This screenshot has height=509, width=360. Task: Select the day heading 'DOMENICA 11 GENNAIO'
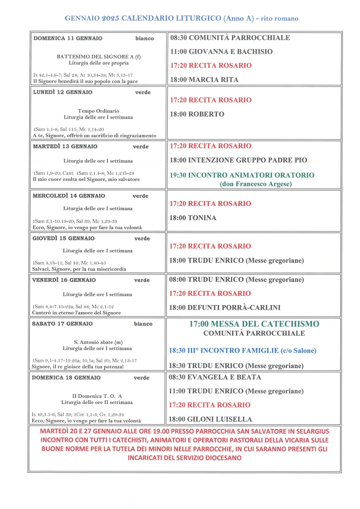pyautogui.click(x=68, y=38)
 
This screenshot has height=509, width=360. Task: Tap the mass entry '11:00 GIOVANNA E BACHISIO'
pyautogui.click(x=221, y=52)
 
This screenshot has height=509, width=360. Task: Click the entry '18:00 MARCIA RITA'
pyautogui.click(x=204, y=80)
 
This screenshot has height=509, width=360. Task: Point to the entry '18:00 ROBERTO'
pyautogui.click(x=197, y=114)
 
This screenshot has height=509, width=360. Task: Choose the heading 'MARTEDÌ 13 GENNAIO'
pyautogui.click(x=65, y=147)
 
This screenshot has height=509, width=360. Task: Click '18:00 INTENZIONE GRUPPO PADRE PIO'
pyautogui.click(x=238, y=160)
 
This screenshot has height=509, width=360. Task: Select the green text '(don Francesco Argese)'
pyautogui.click(x=256, y=184)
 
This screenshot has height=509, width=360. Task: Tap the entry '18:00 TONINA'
pyautogui.click(x=193, y=218)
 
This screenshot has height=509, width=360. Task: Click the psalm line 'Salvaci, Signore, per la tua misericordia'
pyautogui.click(x=79, y=269)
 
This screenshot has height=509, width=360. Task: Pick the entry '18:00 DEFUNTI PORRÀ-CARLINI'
pyautogui.click(x=224, y=308)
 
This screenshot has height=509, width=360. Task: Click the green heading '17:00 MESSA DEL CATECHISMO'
pyautogui.click(x=254, y=324)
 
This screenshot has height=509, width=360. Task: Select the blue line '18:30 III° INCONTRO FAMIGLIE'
pyautogui.click(x=242, y=351)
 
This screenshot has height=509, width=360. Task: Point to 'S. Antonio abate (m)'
pyautogui.click(x=98, y=342)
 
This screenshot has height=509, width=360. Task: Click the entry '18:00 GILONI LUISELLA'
pyautogui.click(x=210, y=419)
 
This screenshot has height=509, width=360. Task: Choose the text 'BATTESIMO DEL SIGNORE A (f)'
pyautogui.click(x=98, y=57)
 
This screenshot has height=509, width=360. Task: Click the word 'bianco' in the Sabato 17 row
pyautogui.click(x=143, y=324)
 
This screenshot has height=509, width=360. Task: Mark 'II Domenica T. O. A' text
pyautogui.click(x=97, y=396)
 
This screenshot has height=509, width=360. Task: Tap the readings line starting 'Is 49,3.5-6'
pyautogui.click(x=78, y=415)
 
